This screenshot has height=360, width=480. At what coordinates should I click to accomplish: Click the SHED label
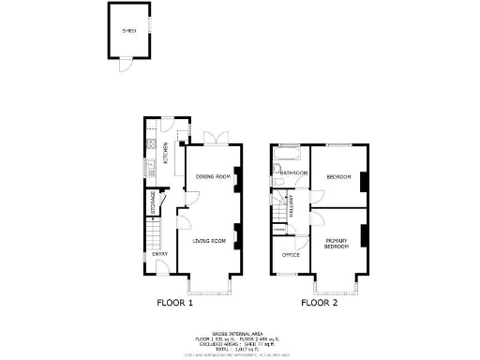coord(129,31)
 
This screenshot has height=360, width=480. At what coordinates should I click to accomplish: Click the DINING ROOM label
coord(213,176)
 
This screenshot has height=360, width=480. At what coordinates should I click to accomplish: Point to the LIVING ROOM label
coord(210,242)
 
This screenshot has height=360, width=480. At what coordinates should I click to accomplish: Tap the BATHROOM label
coord(293,173)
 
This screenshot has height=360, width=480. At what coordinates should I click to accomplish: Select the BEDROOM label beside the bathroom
coord(337,176)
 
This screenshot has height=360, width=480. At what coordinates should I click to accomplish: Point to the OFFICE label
coord(291,254)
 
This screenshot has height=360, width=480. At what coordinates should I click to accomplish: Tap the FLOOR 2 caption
coord(319,303)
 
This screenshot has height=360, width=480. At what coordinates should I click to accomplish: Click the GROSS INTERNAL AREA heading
coord(241,332)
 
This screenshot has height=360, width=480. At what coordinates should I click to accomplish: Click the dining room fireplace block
coord(236,176)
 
